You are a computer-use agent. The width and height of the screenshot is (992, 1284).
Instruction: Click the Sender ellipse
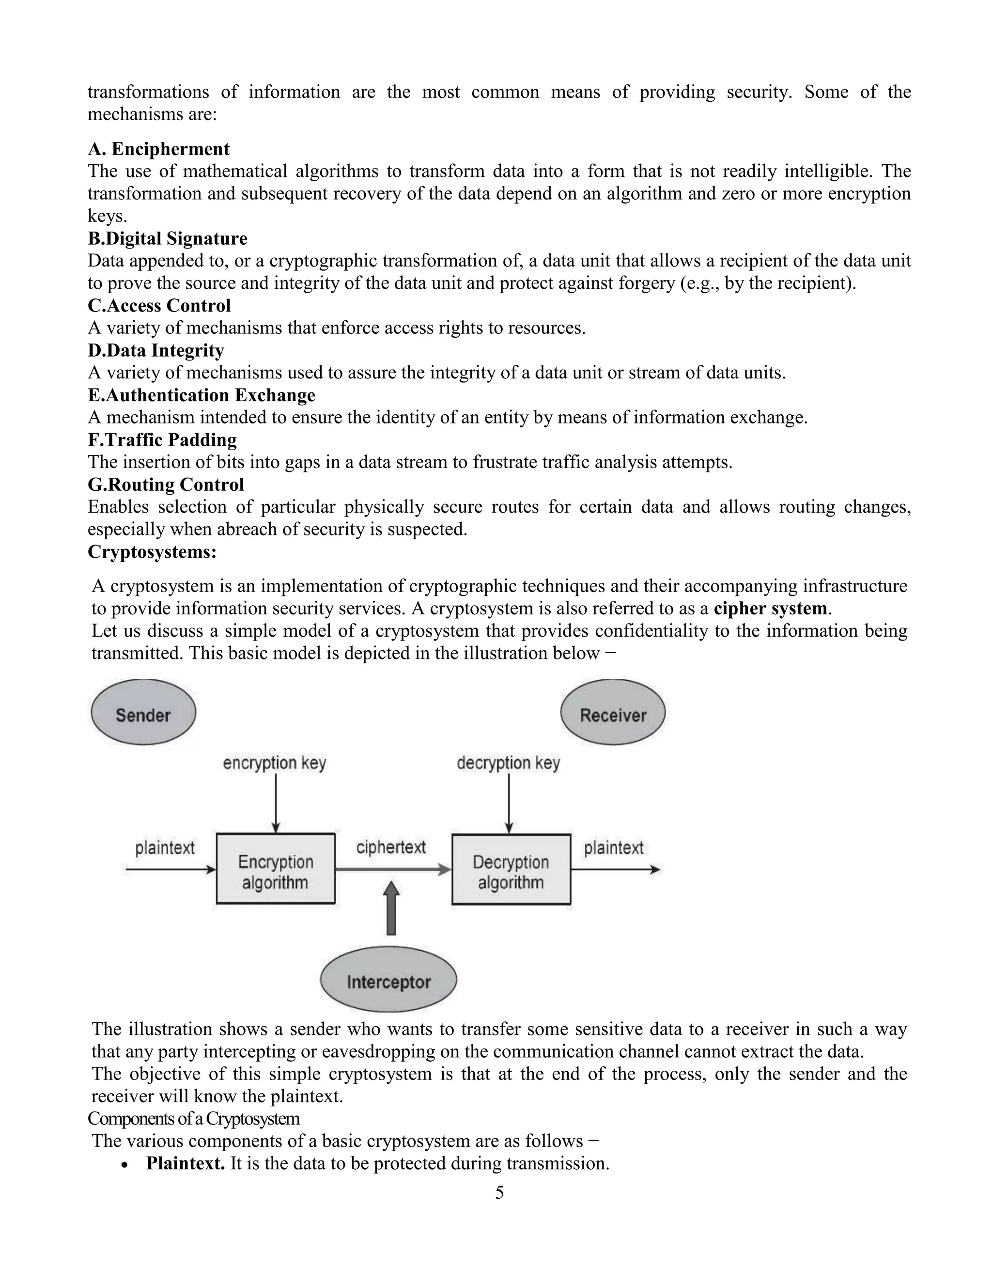click(x=143, y=713)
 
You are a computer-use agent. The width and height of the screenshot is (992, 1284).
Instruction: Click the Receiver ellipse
click(x=613, y=713)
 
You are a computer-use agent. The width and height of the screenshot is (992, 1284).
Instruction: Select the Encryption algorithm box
click(x=276, y=868)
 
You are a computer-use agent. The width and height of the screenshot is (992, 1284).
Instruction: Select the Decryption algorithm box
click(x=511, y=869)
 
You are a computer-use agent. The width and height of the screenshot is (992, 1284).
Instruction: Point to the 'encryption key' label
click(x=275, y=763)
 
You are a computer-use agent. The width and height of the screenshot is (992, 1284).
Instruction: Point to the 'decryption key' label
click(x=508, y=763)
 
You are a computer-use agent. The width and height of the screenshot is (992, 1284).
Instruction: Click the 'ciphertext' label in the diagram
click(x=391, y=847)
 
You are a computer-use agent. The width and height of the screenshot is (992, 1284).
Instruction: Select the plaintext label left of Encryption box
click(x=165, y=848)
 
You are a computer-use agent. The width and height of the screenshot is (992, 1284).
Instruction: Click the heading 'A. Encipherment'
click(x=159, y=149)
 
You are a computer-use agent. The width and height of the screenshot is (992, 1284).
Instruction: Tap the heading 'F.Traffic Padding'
click(x=162, y=440)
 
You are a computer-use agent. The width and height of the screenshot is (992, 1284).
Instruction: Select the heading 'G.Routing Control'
click(x=166, y=485)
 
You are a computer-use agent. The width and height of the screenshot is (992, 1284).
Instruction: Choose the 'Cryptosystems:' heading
click(x=152, y=551)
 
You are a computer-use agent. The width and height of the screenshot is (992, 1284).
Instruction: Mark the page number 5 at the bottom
click(x=499, y=1193)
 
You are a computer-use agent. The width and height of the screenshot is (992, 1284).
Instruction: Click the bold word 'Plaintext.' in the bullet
click(x=185, y=1163)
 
